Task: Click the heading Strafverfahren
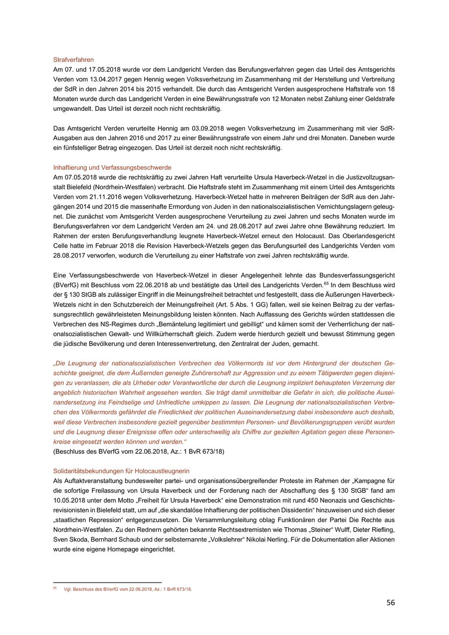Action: tap(73, 60)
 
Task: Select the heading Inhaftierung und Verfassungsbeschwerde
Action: tap(112, 167)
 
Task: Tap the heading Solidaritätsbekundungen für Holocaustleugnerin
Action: tap(121, 471)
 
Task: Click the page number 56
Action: tap(390, 603)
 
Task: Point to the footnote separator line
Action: tap(107, 582)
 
